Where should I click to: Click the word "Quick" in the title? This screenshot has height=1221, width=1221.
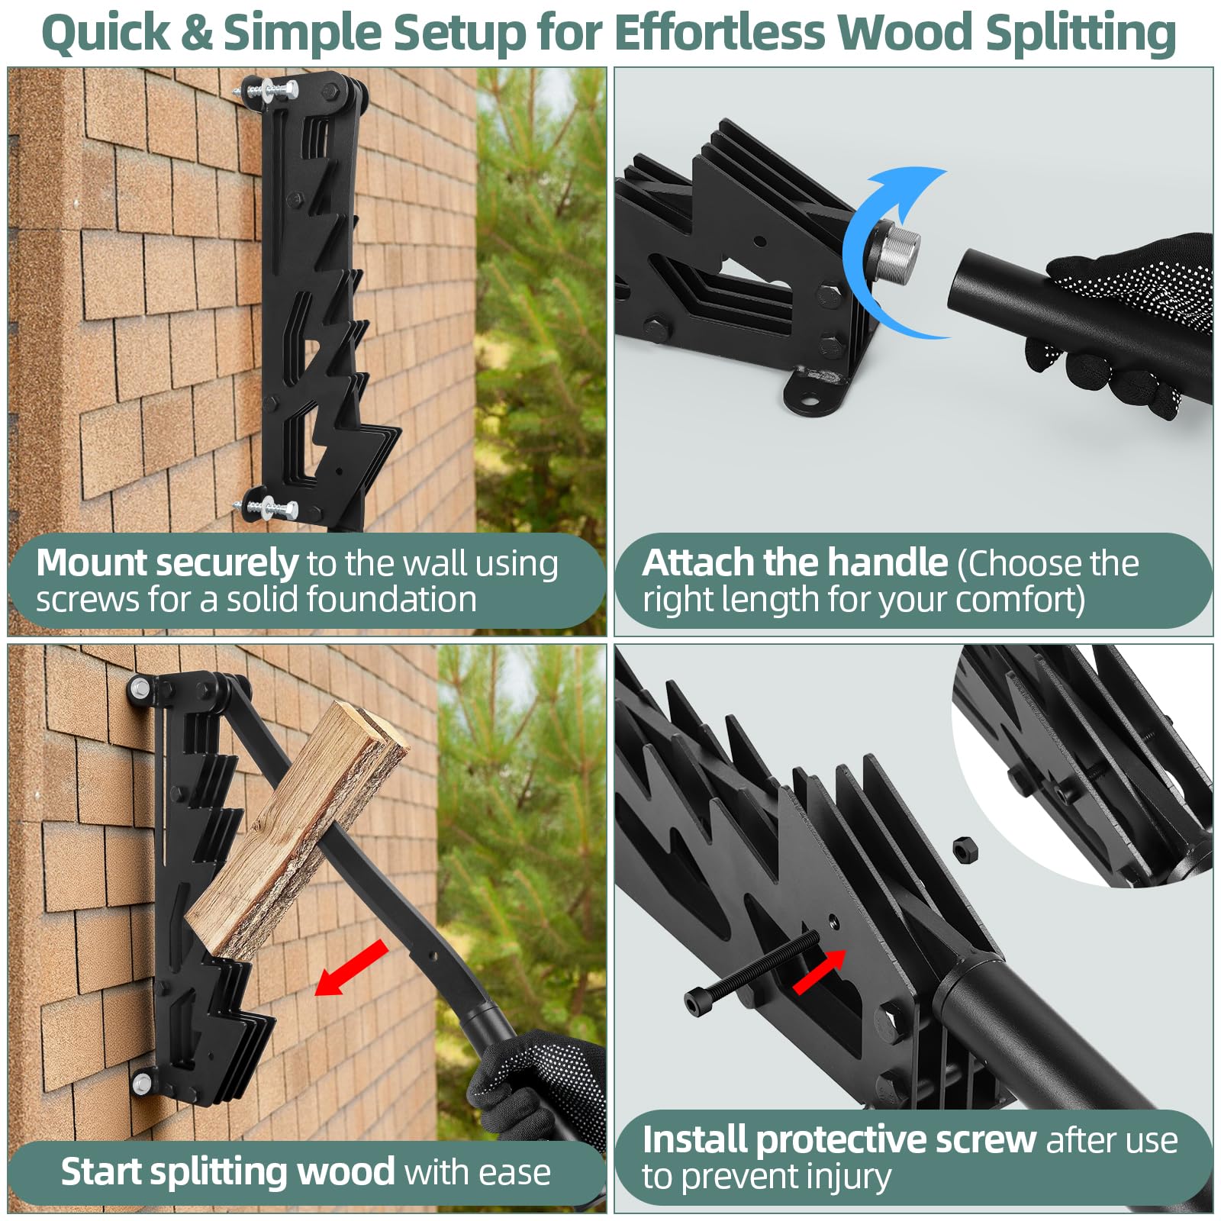(106, 34)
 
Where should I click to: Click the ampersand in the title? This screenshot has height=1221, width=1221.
(198, 34)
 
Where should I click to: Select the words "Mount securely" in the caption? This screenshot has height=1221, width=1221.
(167, 563)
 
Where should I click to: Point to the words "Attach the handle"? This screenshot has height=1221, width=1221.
(794, 562)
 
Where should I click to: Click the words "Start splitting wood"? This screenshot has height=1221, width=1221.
(227, 1171)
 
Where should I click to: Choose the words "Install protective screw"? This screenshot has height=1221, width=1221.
(839, 1139)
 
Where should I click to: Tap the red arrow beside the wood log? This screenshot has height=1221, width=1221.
(351, 968)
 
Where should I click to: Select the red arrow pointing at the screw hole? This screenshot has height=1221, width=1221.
(819, 971)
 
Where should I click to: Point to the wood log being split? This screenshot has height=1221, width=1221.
(298, 833)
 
